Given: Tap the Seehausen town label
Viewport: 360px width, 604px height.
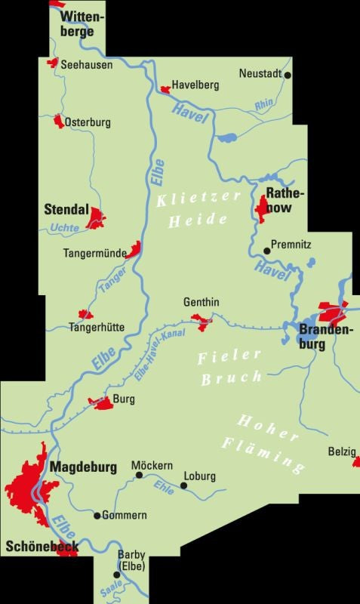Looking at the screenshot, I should click(x=86, y=65).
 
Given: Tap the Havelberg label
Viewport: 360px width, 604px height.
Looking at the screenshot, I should click(x=195, y=85).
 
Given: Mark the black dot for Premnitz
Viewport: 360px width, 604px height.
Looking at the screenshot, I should click(x=266, y=251).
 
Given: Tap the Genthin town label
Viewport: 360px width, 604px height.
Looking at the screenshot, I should click(x=202, y=302).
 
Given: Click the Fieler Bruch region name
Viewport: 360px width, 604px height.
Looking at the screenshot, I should click(x=230, y=366).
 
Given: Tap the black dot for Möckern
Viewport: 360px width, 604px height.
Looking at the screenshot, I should click(x=137, y=476).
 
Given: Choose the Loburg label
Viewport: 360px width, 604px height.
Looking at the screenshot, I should click(x=199, y=476).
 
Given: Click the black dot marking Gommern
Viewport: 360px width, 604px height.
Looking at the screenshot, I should click(x=97, y=516).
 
